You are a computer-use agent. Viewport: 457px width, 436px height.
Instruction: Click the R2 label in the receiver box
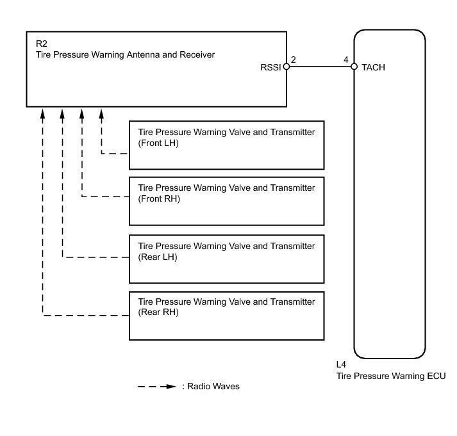[x=41, y=45]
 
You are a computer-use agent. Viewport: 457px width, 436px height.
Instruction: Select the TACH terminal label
[x=374, y=67]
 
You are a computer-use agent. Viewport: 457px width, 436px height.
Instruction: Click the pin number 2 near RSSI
[x=293, y=60]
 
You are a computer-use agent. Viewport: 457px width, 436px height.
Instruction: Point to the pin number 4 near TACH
[x=346, y=60]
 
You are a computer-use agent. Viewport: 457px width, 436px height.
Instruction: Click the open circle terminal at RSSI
[x=287, y=67]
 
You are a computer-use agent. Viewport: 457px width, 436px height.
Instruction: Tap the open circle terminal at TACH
[x=354, y=67]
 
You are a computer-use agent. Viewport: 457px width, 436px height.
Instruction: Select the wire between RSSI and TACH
[x=320, y=67]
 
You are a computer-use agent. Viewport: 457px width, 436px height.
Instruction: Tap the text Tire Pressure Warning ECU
[x=391, y=376]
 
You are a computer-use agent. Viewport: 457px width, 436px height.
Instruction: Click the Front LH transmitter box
[x=226, y=145]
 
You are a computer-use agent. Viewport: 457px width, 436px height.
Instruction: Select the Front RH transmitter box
[x=226, y=200]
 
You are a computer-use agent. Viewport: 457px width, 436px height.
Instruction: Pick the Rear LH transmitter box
[x=226, y=259]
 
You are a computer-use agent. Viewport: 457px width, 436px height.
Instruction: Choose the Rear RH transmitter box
[x=226, y=316]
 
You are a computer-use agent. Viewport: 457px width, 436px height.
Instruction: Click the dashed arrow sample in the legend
[x=156, y=387]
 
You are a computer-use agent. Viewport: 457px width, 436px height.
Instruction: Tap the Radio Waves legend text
[x=211, y=387]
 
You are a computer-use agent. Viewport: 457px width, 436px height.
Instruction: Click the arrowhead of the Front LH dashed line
[x=101, y=113]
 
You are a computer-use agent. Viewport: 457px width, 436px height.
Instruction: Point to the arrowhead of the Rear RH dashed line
[x=43, y=113]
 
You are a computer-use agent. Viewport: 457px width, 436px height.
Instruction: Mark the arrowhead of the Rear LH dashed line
[x=62, y=113]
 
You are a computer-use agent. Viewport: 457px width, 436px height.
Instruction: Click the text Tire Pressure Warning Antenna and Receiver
[x=125, y=55]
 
